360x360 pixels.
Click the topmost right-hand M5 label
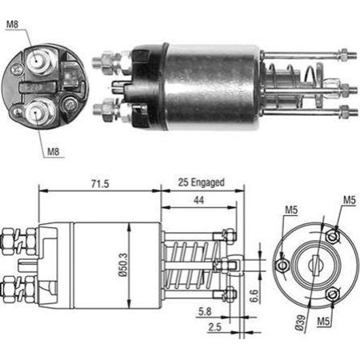pos(348,199)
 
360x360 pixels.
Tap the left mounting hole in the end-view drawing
pos(282,265)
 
